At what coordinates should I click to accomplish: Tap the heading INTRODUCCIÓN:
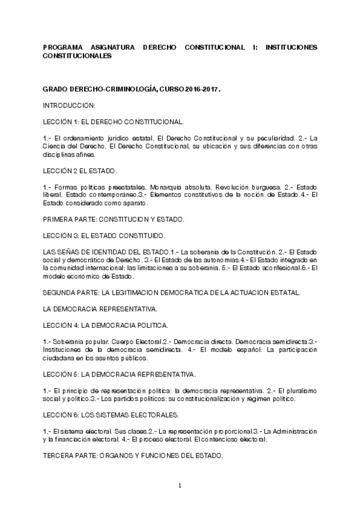[x=70, y=105]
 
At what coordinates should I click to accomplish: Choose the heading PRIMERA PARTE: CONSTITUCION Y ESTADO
[x=117, y=221]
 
